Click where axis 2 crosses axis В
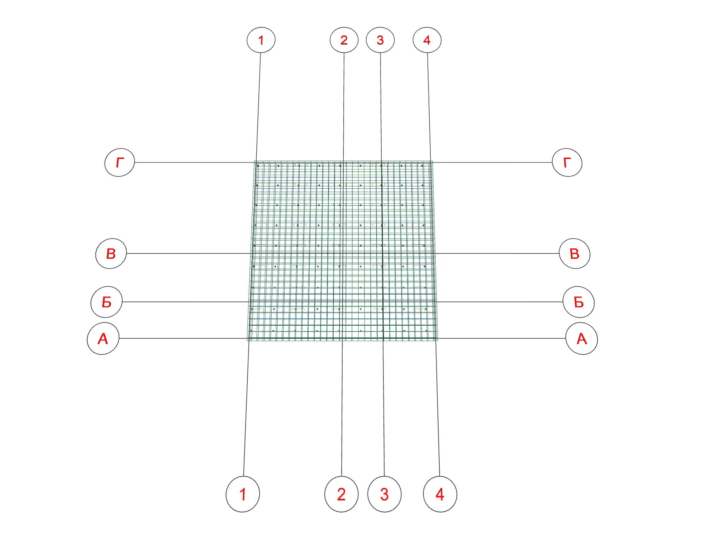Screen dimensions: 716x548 tap(343, 253)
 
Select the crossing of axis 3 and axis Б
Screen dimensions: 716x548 tap(383, 302)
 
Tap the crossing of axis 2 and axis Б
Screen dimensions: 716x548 tap(343, 302)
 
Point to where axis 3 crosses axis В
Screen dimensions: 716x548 tap(382, 253)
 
